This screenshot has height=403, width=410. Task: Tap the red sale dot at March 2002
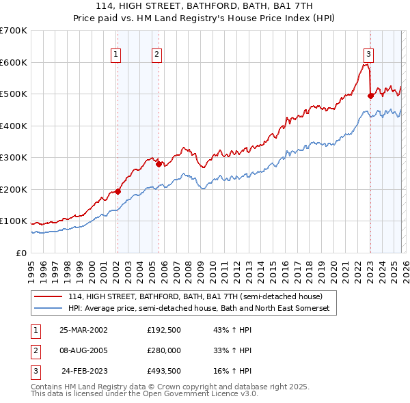pyautogui.click(x=118, y=192)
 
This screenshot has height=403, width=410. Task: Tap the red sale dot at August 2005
pyautogui.click(x=159, y=164)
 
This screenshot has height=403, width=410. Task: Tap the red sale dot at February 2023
pyautogui.click(x=370, y=96)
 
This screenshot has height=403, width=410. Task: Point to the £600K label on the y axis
pyautogui.click(x=13, y=62)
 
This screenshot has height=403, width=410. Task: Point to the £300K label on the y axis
pyautogui.click(x=13, y=158)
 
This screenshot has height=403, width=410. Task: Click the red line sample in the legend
pyautogui.click(x=48, y=296)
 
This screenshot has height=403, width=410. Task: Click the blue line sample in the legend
pyautogui.click(x=48, y=309)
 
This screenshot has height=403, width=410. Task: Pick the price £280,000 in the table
pyautogui.click(x=163, y=350)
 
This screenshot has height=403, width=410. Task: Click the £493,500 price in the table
pyautogui.click(x=163, y=371)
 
